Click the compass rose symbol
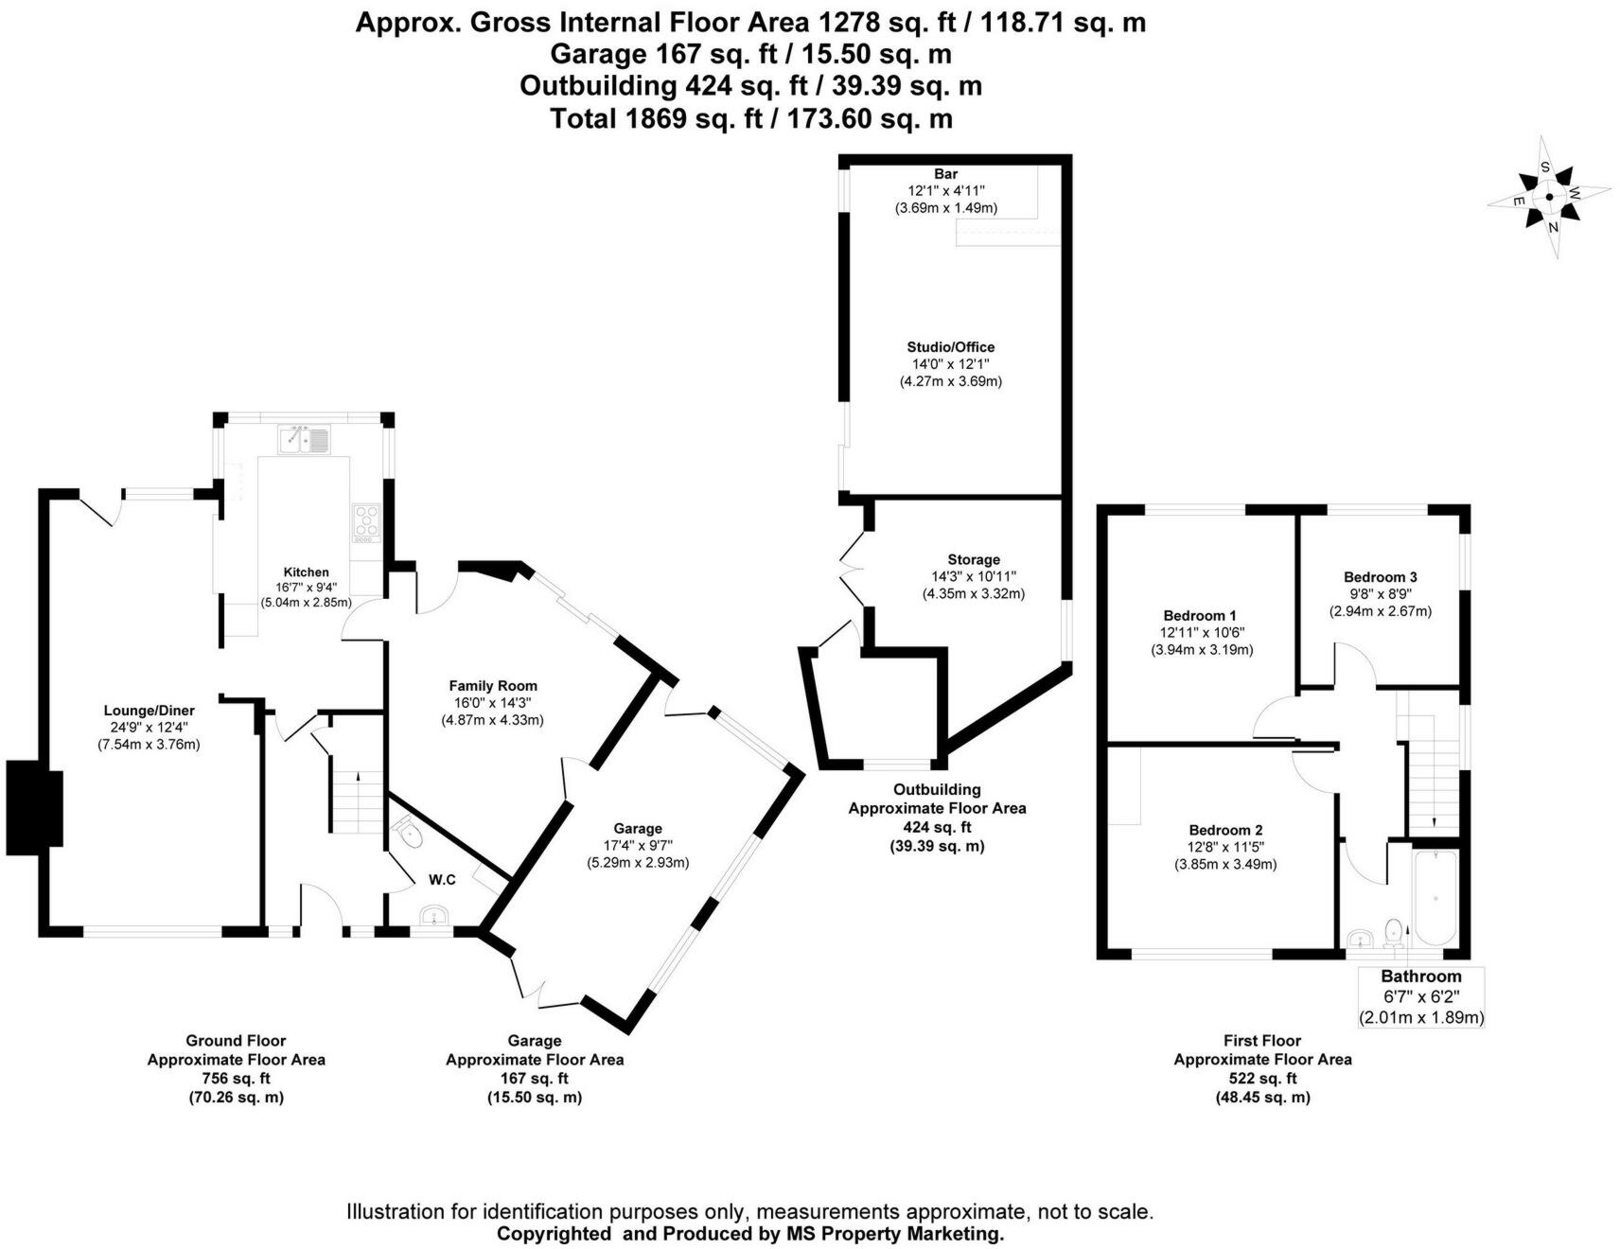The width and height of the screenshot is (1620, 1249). click(x=1549, y=197)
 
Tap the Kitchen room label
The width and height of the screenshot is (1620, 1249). click(x=307, y=572)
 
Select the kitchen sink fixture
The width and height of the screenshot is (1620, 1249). click(x=304, y=440)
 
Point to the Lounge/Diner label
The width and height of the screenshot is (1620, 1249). click(x=150, y=711)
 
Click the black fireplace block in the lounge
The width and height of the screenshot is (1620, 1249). click(x=35, y=807)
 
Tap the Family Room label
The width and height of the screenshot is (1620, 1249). click(x=493, y=686)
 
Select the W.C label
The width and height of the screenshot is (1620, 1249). click(x=442, y=880)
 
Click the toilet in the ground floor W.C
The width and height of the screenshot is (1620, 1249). click(x=410, y=834)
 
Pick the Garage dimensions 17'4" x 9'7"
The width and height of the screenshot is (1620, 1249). click(x=638, y=846)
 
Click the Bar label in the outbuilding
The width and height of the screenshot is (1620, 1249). click(x=945, y=174)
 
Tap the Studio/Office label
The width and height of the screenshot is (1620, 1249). click(x=950, y=347)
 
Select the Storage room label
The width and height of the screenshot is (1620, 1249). click(x=974, y=559)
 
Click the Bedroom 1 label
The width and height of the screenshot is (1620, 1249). click(x=1201, y=615)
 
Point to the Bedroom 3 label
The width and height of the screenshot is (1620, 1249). click(x=1380, y=577)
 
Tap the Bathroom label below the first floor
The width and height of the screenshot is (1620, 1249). click(x=1420, y=976)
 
